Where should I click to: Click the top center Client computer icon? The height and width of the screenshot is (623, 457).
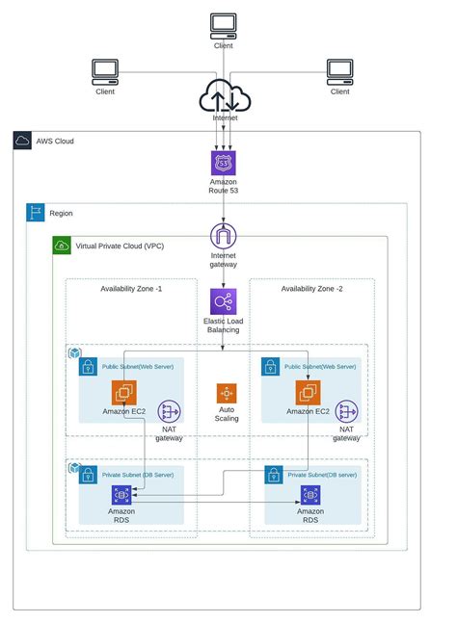[223, 24]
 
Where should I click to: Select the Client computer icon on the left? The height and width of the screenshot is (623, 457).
[105, 71]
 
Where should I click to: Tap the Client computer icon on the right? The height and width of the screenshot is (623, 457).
[339, 71]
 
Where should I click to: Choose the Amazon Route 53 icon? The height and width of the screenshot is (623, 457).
[223, 162]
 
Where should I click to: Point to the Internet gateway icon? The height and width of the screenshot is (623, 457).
[223, 236]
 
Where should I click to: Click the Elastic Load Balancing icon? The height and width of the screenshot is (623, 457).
[224, 300]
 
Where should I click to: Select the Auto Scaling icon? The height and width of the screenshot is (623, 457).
[227, 395]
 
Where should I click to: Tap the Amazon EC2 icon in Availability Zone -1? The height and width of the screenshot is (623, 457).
[123, 392]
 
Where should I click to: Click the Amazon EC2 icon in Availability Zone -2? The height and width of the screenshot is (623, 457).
[309, 392]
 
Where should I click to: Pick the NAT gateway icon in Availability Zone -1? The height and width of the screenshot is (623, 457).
[170, 412]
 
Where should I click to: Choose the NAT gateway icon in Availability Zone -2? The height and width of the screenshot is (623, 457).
[347, 412]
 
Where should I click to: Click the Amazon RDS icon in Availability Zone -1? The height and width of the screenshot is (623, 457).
[121, 495]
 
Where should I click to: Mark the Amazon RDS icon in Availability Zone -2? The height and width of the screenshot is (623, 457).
[309, 495]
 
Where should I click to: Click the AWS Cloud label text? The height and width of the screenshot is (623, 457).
[55, 142]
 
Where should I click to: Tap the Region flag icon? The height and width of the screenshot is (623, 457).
[35, 213]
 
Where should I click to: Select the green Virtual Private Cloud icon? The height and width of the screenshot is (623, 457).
[62, 246]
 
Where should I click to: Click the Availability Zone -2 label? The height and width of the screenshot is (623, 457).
[312, 289]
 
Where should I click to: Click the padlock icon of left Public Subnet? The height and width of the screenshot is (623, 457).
[88, 367]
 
